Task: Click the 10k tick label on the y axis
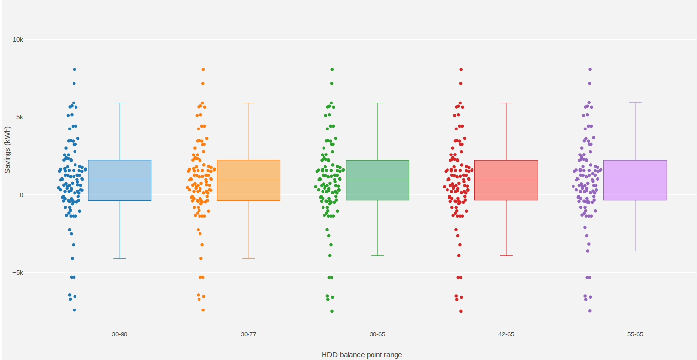(x=18, y=39)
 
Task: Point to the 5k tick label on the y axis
(x=19, y=117)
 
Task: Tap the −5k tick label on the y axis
(x=17, y=273)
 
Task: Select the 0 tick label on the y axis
(x=21, y=195)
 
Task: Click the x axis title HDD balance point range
(x=362, y=355)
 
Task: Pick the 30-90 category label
(x=120, y=334)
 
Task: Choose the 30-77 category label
(x=249, y=334)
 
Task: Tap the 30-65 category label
(x=377, y=334)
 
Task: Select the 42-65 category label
(x=506, y=334)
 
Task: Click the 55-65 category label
(x=635, y=334)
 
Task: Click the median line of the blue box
(x=120, y=180)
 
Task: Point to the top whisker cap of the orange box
(x=249, y=103)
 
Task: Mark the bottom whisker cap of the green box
(x=377, y=256)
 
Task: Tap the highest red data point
(x=461, y=70)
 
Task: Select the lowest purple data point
(x=590, y=311)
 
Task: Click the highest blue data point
(x=75, y=70)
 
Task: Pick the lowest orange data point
(x=203, y=310)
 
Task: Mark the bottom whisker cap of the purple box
(x=635, y=251)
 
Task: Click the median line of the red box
(x=506, y=180)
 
